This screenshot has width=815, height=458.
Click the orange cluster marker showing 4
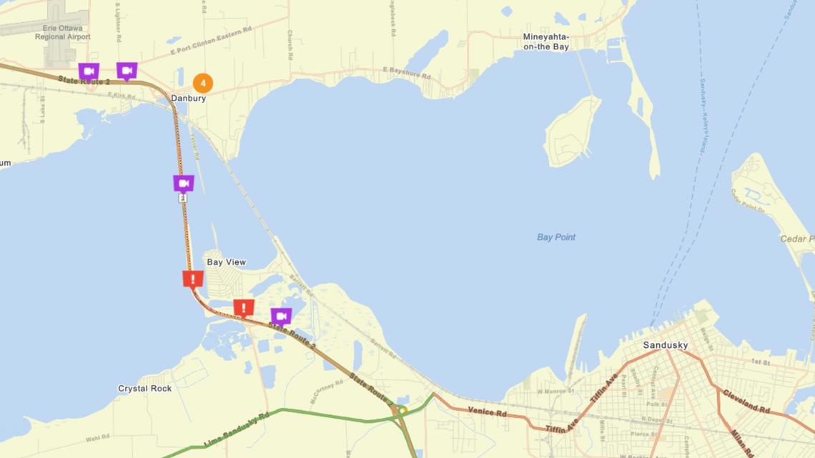[x=203, y=83]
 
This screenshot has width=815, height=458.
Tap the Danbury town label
[x=189, y=99]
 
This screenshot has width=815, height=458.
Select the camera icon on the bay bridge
[x=184, y=184]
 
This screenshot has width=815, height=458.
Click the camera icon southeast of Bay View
[x=281, y=316]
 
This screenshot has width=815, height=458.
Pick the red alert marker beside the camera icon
[x=244, y=308]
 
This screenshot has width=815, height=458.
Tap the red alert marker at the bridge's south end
[x=192, y=279]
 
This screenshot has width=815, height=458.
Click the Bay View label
[x=226, y=262]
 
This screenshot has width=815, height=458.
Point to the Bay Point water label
[x=556, y=237]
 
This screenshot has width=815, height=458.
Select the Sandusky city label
[x=665, y=345]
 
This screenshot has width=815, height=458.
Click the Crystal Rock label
[x=144, y=389]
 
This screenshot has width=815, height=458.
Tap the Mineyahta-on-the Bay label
[x=545, y=41]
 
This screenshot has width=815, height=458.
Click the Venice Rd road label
[x=487, y=411]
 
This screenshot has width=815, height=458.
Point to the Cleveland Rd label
[x=746, y=403]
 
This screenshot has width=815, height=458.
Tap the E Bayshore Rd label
[x=407, y=72]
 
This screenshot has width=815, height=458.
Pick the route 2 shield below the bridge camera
[x=183, y=198]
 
